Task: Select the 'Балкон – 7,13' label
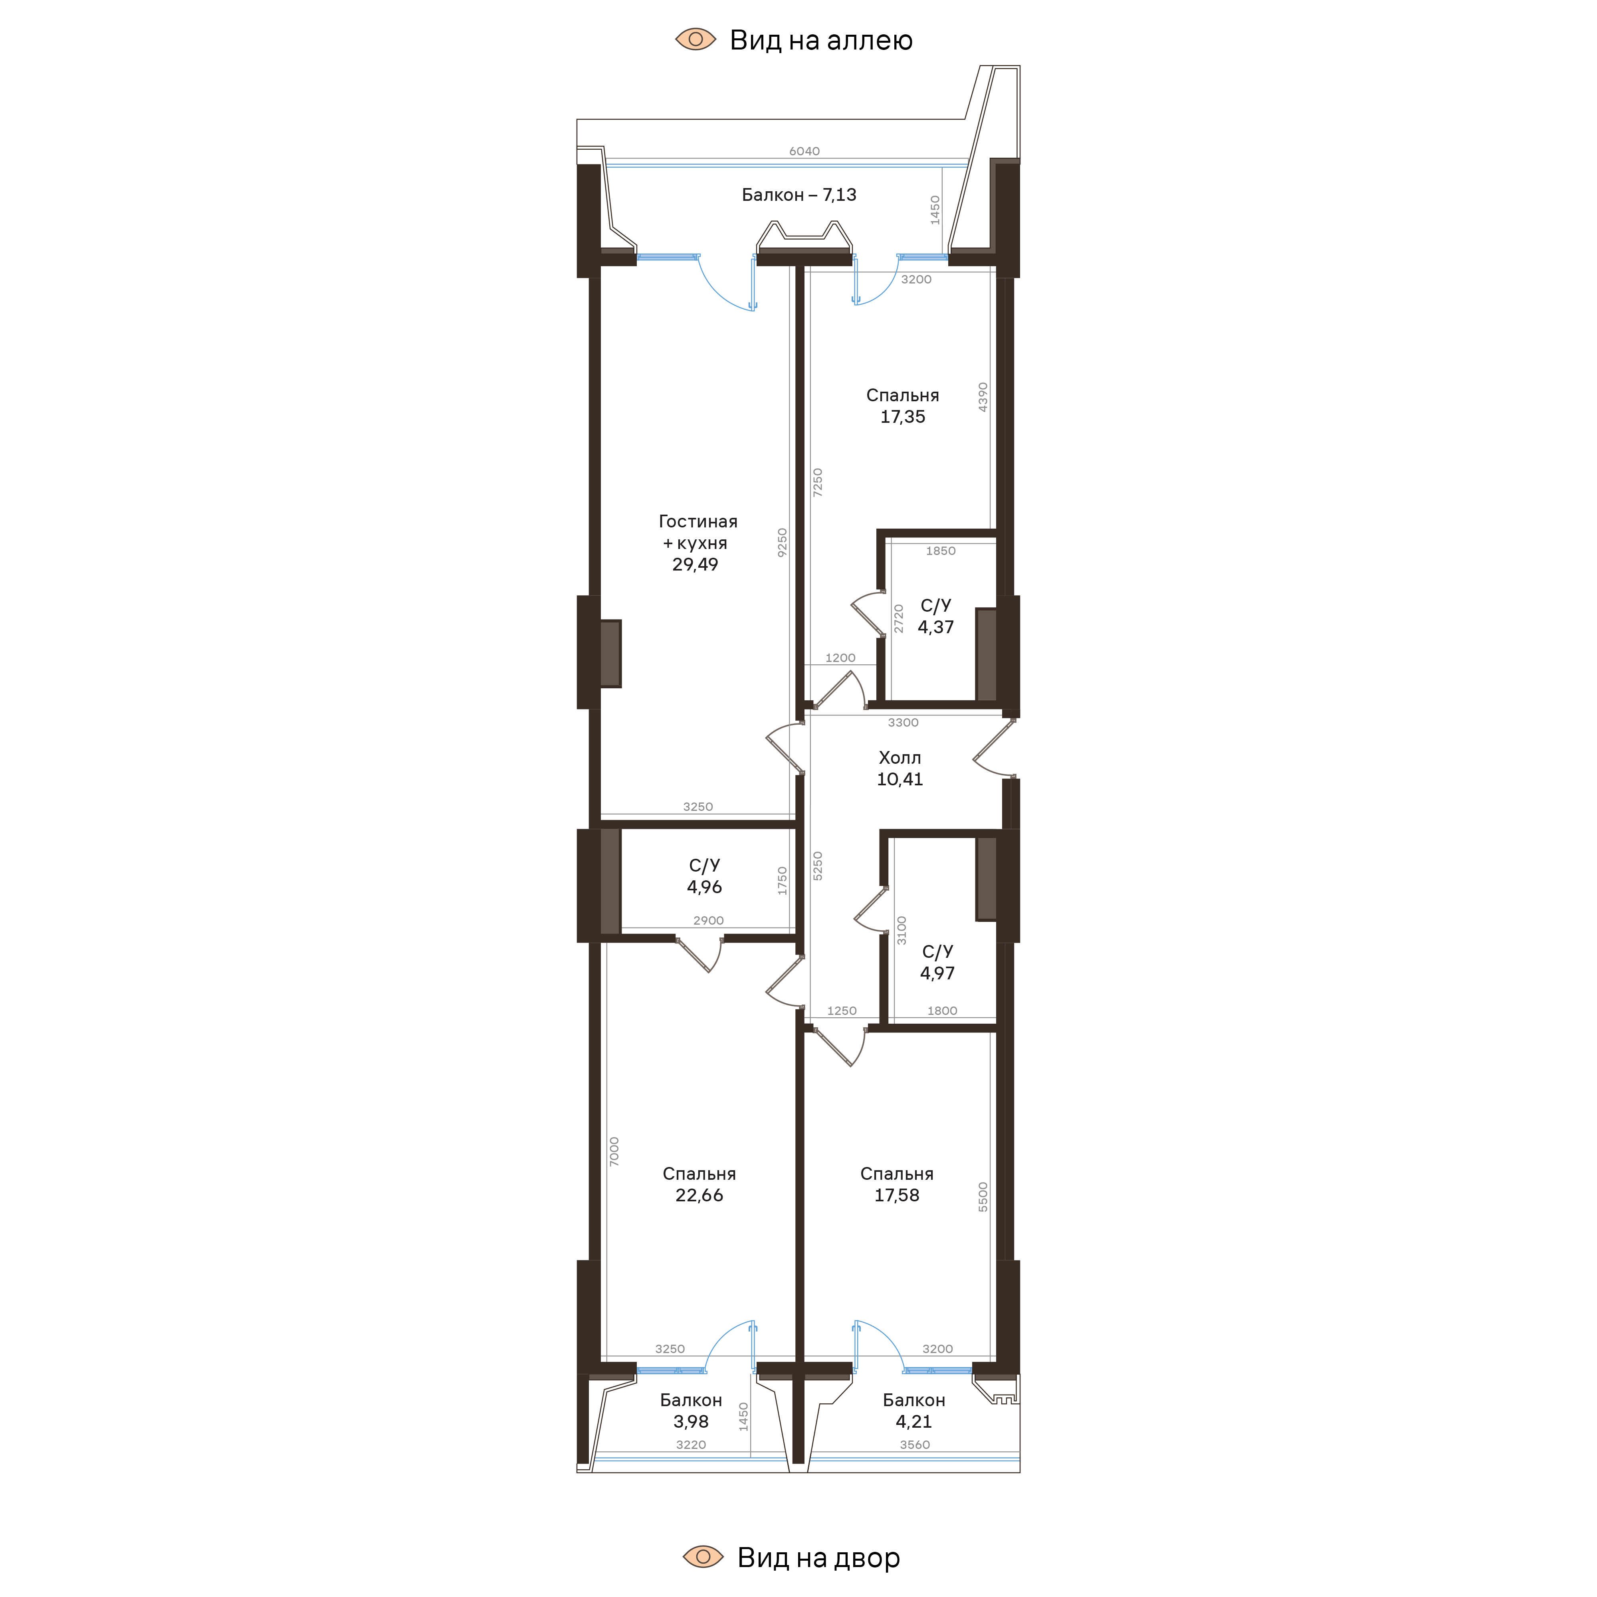coord(798,195)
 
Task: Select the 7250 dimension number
coord(818,482)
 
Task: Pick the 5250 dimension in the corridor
coord(818,866)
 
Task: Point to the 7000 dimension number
coord(613,1151)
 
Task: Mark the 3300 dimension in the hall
coord(903,723)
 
